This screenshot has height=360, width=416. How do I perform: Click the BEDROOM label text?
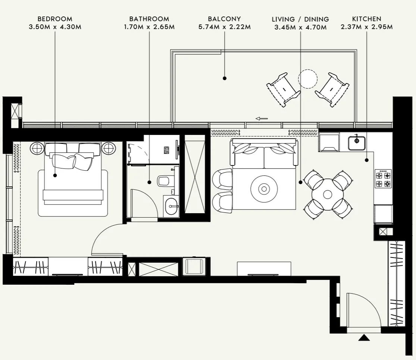point(55,19)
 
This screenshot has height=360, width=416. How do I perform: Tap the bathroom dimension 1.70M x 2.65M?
point(149,27)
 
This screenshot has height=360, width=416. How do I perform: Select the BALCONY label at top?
point(224,19)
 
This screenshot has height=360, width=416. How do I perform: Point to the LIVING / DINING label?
point(300,19)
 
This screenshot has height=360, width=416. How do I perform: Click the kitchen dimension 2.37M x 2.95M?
point(366,27)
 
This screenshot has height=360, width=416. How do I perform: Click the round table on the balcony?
point(308,79)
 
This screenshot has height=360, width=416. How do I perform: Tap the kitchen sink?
point(357,142)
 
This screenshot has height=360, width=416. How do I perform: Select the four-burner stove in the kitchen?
point(383,179)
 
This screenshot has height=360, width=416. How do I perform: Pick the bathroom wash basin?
point(172,204)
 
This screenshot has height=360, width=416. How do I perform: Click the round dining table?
point(328,194)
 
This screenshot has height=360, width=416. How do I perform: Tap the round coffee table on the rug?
point(264,189)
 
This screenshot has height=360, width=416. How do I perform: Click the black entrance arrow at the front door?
point(364,338)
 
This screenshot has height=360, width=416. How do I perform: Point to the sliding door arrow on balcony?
point(262,119)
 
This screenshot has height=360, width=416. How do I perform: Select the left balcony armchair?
point(283,90)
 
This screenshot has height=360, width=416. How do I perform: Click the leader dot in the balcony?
point(225,78)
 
